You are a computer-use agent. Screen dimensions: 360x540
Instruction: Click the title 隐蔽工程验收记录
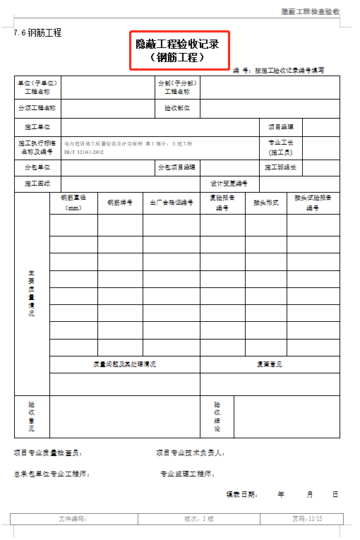click(179, 44)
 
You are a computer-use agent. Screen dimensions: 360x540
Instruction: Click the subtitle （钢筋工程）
click(179, 58)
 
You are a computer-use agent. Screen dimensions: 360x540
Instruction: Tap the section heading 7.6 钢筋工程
click(37, 32)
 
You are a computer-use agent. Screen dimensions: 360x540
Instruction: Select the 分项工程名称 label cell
click(37, 109)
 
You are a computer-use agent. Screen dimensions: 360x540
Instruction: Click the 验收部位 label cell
click(177, 109)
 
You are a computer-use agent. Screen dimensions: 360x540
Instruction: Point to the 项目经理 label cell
click(280, 128)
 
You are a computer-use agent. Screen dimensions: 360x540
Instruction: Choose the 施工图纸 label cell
click(37, 184)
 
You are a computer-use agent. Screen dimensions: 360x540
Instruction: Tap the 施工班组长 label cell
click(280, 168)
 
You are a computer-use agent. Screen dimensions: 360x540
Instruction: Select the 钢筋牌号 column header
click(120, 203)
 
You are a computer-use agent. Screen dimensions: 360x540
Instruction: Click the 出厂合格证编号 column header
click(172, 203)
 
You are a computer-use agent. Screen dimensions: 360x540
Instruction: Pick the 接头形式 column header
click(265, 203)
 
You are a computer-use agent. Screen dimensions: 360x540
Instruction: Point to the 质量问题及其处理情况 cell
click(124, 364)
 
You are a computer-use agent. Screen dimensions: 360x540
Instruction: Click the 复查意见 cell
click(269, 364)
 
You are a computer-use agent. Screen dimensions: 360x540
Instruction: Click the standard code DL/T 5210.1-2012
click(83, 152)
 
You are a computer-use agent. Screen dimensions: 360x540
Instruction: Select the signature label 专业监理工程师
click(188, 474)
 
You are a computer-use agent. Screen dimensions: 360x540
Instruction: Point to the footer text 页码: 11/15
click(306, 519)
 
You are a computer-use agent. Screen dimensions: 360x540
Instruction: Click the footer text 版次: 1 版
click(199, 519)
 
